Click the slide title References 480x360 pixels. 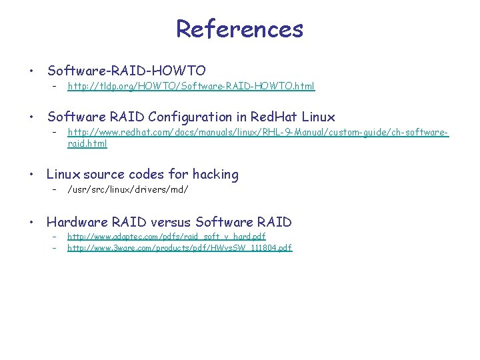(x=239, y=29)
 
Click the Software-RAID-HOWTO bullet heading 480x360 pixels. (x=126, y=70)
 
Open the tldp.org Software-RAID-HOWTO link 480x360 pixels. (x=191, y=86)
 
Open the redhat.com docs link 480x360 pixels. (x=258, y=133)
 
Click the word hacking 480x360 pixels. (x=215, y=174)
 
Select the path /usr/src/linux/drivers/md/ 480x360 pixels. (x=128, y=190)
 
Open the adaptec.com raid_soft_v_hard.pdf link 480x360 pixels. (x=167, y=237)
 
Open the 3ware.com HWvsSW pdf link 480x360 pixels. (x=180, y=248)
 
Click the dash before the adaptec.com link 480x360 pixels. (x=53, y=237)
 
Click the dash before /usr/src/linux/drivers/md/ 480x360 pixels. (x=53, y=190)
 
